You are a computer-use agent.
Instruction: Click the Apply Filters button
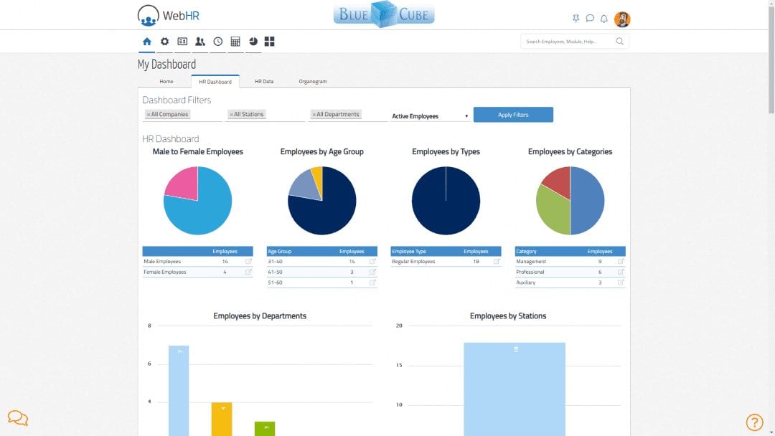[x=513, y=115]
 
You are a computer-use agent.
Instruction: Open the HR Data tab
[x=263, y=82]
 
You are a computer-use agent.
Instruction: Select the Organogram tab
[x=313, y=82]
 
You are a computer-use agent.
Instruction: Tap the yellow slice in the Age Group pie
[x=317, y=176]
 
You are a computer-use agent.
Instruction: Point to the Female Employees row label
[x=165, y=272]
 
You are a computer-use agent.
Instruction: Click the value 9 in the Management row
[x=600, y=262]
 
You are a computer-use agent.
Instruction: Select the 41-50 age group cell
[x=276, y=272]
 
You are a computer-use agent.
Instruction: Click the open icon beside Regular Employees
[x=497, y=262]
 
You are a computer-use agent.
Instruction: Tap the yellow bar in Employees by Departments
[x=222, y=419]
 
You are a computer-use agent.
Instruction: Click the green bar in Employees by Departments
[x=265, y=428]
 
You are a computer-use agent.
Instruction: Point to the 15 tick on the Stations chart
[x=399, y=366]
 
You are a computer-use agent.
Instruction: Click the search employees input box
[x=568, y=42]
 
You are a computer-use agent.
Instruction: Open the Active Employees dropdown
[x=430, y=116]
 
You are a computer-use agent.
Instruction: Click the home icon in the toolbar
[x=147, y=42]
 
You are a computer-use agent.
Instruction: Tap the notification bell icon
[x=603, y=19]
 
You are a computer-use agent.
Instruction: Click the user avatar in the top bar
[x=622, y=19]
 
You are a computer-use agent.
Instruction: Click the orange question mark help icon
[x=754, y=422]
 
